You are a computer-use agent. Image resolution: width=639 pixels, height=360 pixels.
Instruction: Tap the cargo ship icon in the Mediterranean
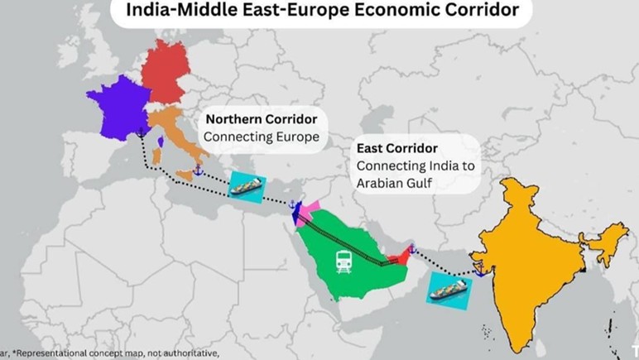246,187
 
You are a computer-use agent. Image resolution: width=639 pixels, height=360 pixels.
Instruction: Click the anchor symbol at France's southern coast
142,132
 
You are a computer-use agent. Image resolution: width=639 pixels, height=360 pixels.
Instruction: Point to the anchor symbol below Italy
198,170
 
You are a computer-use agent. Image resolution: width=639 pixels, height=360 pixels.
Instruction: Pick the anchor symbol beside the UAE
411,249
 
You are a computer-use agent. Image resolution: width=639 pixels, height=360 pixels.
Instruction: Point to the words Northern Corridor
249,118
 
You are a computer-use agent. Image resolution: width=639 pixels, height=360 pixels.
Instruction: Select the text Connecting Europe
262,137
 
